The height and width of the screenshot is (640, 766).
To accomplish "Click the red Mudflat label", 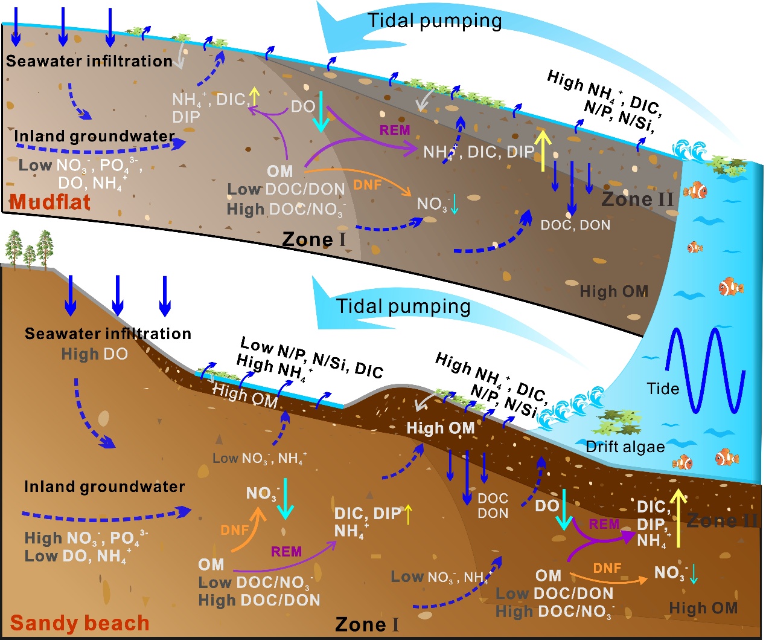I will click(50, 202).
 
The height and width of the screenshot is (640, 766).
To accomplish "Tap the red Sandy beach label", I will click(80, 623).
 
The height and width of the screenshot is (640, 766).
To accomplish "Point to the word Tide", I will click(663, 389).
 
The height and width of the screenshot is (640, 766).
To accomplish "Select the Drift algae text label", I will click(625, 447).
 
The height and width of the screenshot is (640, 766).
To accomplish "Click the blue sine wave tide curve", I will click(706, 369).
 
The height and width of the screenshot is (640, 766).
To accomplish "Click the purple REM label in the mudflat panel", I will click(395, 130).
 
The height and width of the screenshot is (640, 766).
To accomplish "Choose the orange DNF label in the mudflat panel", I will click(367, 185).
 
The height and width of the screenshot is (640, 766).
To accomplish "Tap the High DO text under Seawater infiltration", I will click(95, 354).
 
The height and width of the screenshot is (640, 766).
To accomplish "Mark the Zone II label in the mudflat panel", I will click(637, 199).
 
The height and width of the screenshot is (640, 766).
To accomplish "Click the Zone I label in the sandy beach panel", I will click(366, 624).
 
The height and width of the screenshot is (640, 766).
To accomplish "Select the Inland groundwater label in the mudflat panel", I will click(94, 136).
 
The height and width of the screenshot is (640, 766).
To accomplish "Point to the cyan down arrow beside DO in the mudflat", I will click(321, 112).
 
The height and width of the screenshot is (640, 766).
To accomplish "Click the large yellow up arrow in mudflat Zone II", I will click(543, 150).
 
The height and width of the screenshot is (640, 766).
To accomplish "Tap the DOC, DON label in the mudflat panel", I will click(575, 225).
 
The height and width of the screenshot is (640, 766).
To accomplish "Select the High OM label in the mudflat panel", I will click(614, 292).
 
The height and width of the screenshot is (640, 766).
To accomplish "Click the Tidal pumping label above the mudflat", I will click(435, 21).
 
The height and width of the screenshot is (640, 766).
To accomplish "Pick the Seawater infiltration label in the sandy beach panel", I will click(108, 334).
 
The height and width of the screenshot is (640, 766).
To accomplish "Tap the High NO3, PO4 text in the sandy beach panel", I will click(86, 537).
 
